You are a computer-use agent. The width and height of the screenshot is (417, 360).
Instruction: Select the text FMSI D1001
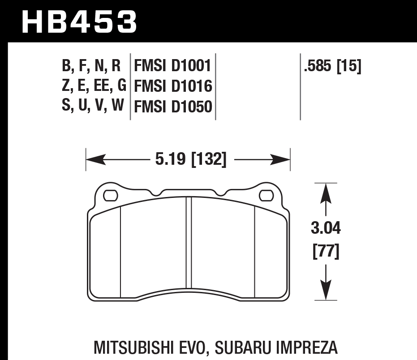(172, 67)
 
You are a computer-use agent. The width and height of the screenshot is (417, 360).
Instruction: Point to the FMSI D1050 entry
(172, 107)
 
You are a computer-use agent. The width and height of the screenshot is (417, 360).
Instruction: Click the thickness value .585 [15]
(332, 67)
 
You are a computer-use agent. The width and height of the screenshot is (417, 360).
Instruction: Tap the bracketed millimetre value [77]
(326, 252)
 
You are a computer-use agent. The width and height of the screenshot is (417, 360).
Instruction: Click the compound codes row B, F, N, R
(91, 67)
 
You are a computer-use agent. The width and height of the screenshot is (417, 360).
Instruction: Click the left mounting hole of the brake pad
(110, 196)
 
